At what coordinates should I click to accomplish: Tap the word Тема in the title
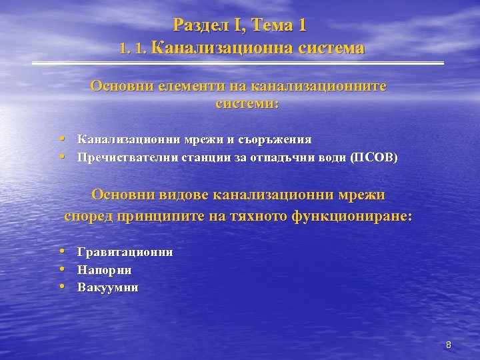(275, 26)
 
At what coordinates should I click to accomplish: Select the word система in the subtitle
(332, 48)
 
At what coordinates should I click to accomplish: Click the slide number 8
(449, 345)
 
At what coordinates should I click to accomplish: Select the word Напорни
(105, 270)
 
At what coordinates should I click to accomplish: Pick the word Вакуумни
(108, 288)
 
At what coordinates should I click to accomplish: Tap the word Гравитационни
(125, 252)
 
